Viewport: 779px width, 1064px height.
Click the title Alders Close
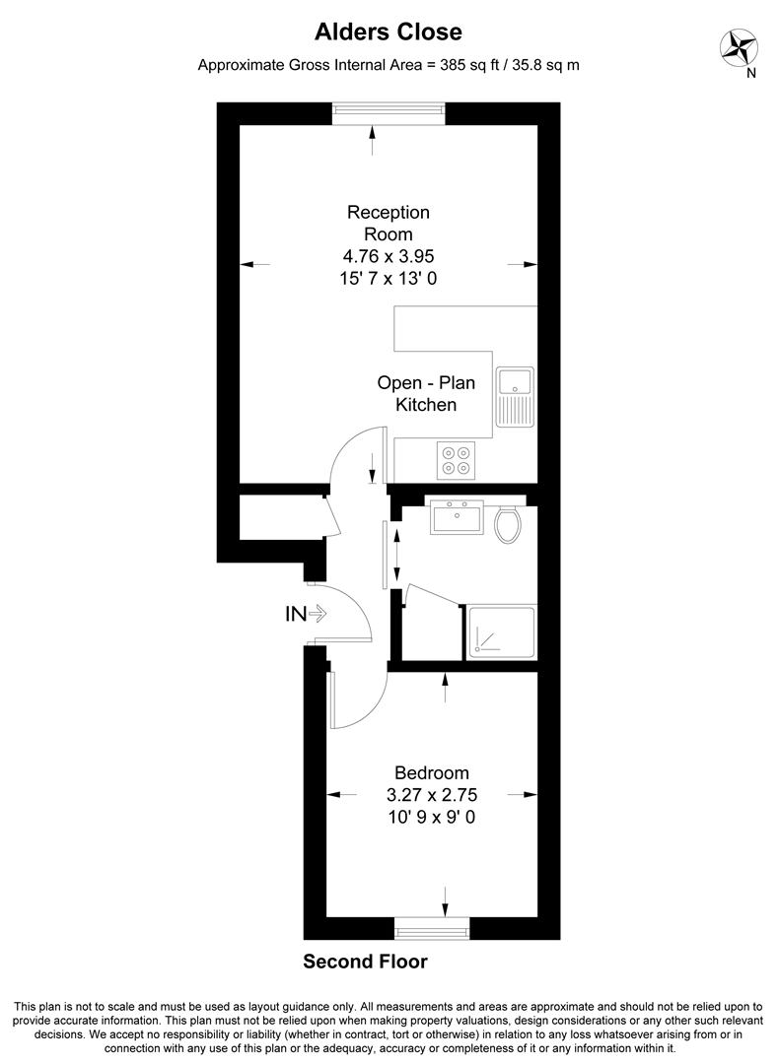[388, 33]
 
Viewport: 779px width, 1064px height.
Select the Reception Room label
[389, 223]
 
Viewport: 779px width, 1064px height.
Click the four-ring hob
[455, 459]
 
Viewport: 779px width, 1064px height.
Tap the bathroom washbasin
[457, 517]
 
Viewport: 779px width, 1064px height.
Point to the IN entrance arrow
[306, 614]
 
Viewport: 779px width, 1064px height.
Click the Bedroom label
[431, 773]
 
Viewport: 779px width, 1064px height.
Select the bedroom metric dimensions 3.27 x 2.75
[431, 795]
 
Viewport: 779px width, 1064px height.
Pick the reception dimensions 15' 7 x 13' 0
[389, 279]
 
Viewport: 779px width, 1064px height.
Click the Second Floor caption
[365, 962]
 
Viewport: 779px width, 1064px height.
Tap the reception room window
[388, 114]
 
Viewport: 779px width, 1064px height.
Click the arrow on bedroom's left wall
[336, 795]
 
